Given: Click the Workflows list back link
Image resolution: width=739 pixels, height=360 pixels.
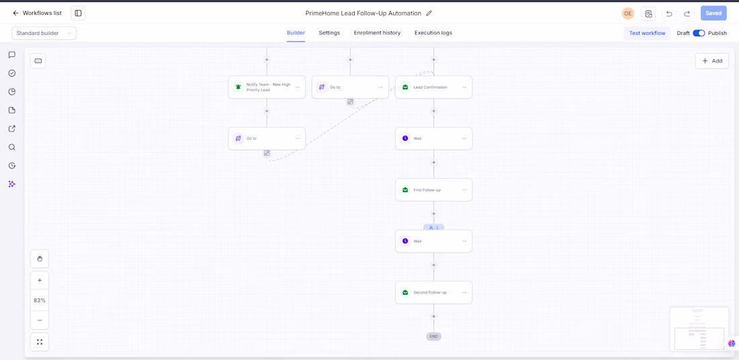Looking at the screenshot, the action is [37, 13].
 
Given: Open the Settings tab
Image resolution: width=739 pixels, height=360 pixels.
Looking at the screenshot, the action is [329, 33].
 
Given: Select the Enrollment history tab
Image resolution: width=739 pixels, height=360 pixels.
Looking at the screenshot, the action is [377, 33].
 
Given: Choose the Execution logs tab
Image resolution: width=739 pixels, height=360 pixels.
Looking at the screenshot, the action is [433, 33].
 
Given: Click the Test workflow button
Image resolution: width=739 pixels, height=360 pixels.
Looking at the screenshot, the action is [647, 34].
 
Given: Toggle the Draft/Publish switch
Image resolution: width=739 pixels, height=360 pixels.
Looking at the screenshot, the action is [699, 34].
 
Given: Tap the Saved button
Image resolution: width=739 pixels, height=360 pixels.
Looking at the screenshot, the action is [713, 13].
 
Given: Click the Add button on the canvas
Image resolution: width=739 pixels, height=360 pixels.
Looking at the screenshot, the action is [711, 61].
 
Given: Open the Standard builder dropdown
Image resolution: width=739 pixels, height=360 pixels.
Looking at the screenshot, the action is [44, 34].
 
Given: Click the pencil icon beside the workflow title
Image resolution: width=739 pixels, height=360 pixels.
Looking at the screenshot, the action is [429, 13].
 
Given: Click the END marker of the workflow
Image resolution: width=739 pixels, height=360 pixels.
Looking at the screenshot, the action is [433, 336].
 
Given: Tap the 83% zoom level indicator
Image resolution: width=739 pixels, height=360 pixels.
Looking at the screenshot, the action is [40, 300].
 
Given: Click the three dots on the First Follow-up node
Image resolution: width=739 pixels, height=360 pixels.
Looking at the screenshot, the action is [464, 190].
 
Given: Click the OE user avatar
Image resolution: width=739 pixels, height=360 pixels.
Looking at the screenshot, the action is [627, 13].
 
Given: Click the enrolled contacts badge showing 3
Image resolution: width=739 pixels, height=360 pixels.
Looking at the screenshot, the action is [433, 228].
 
